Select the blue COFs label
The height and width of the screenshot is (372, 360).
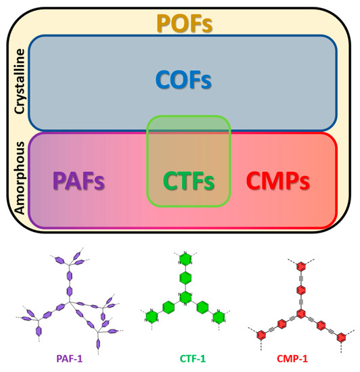tap(181, 81)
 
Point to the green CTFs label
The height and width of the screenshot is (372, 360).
tap(189, 182)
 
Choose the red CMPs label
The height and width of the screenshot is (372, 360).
tap(279, 181)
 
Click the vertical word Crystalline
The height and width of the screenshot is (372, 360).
tap(20, 80)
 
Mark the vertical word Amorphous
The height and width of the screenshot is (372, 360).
tap(20, 179)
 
